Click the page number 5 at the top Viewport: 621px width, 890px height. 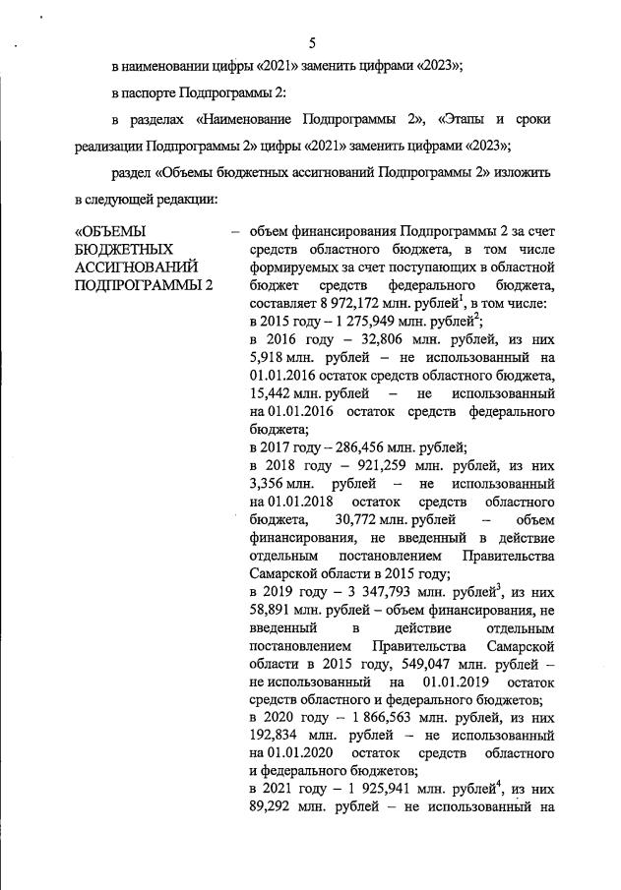[x=311, y=42]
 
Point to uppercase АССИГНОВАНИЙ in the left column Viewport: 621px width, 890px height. [x=136, y=267]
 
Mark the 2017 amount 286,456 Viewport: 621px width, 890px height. [x=361, y=446]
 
